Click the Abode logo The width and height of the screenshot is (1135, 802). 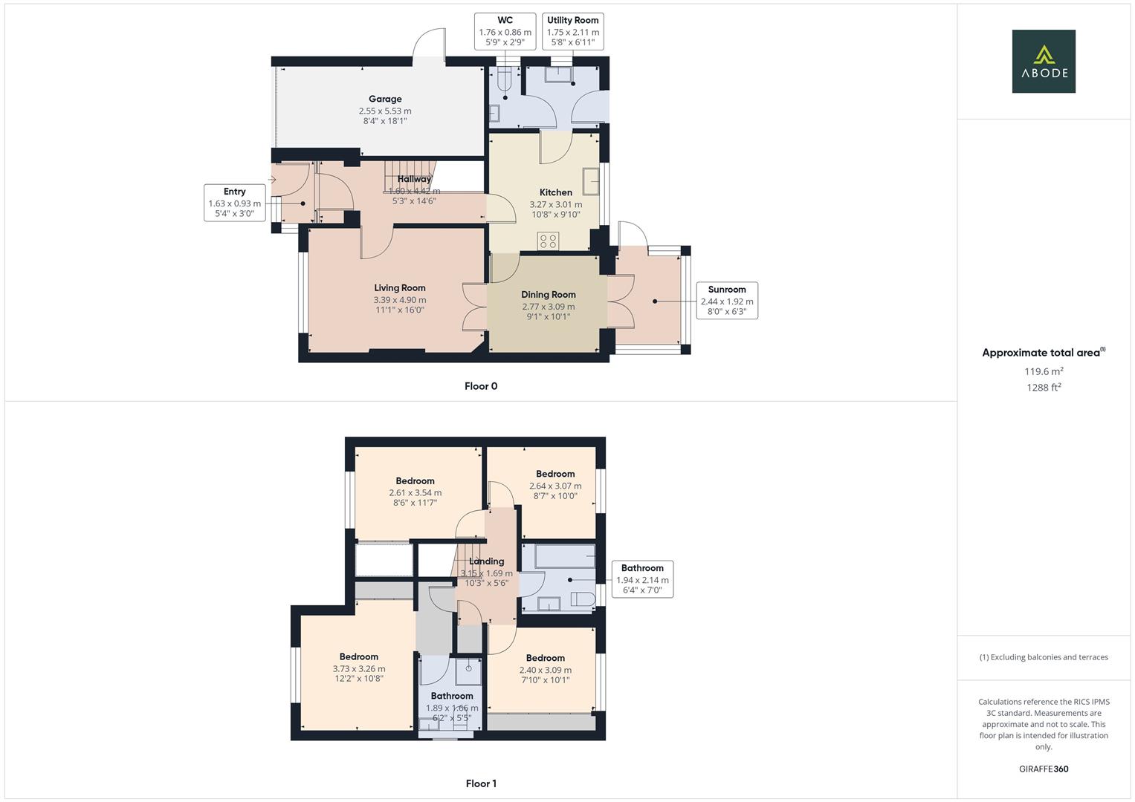(x=1043, y=61)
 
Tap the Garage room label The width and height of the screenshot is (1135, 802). (x=385, y=100)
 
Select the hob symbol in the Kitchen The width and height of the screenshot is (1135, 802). (x=549, y=241)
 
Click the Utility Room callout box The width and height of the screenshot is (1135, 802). (x=572, y=31)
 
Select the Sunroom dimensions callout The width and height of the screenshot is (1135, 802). (x=726, y=300)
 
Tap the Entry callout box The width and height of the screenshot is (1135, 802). (x=234, y=203)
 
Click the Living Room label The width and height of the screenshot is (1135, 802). (x=400, y=288)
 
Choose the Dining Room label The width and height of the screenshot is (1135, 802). (x=548, y=295)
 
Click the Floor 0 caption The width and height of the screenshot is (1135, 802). (x=481, y=386)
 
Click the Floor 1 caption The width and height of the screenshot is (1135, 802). (x=481, y=783)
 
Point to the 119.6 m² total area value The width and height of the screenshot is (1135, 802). (x=1044, y=371)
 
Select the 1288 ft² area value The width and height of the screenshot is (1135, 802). (x=1044, y=388)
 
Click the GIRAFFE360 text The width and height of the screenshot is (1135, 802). (x=1044, y=769)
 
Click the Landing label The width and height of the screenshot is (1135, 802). (x=487, y=561)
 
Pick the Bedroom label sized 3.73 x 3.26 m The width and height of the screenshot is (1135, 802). (x=359, y=656)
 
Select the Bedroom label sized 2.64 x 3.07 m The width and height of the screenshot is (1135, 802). (x=555, y=474)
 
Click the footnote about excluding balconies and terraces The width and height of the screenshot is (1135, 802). (x=1044, y=657)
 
